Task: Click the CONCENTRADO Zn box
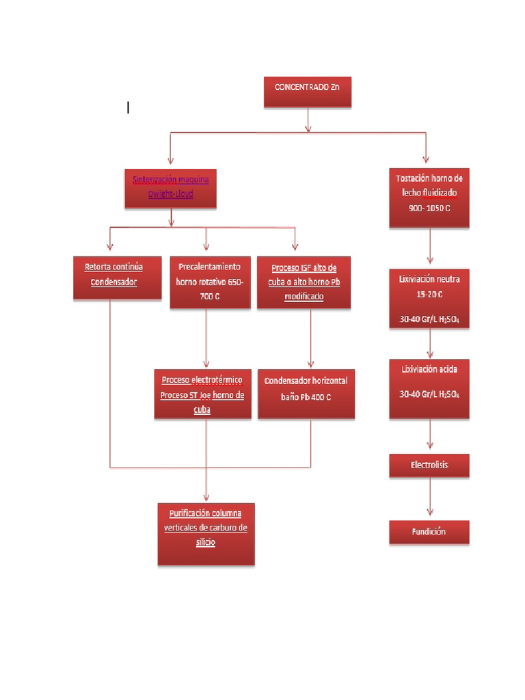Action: [x=308, y=92]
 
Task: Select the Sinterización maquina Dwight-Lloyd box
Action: [x=171, y=188]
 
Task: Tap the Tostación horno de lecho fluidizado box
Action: [x=429, y=198]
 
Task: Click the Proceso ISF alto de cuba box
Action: [x=304, y=282]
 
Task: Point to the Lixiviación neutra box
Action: [x=429, y=299]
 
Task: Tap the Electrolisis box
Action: [x=429, y=466]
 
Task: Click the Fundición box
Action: [x=429, y=532]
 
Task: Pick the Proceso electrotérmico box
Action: [x=202, y=394]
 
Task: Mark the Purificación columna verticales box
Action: [x=206, y=535]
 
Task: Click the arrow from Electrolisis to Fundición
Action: [x=430, y=498]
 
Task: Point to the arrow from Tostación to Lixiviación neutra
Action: [x=430, y=247]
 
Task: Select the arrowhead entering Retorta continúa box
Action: [x=109, y=250]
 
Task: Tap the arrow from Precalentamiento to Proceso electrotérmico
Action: [x=206, y=339]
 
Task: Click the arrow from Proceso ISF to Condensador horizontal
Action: [x=312, y=339]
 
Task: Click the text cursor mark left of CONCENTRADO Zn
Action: [x=128, y=107]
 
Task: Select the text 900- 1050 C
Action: [x=429, y=208]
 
